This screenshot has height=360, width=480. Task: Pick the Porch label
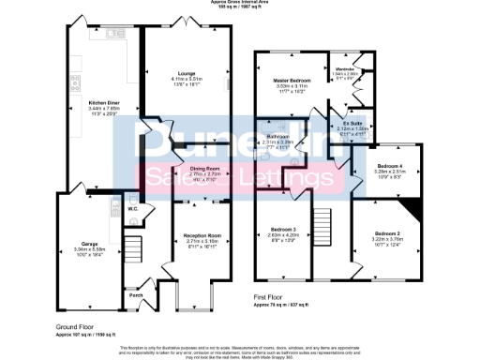pos(136,294)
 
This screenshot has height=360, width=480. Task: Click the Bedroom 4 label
pos(389,168)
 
